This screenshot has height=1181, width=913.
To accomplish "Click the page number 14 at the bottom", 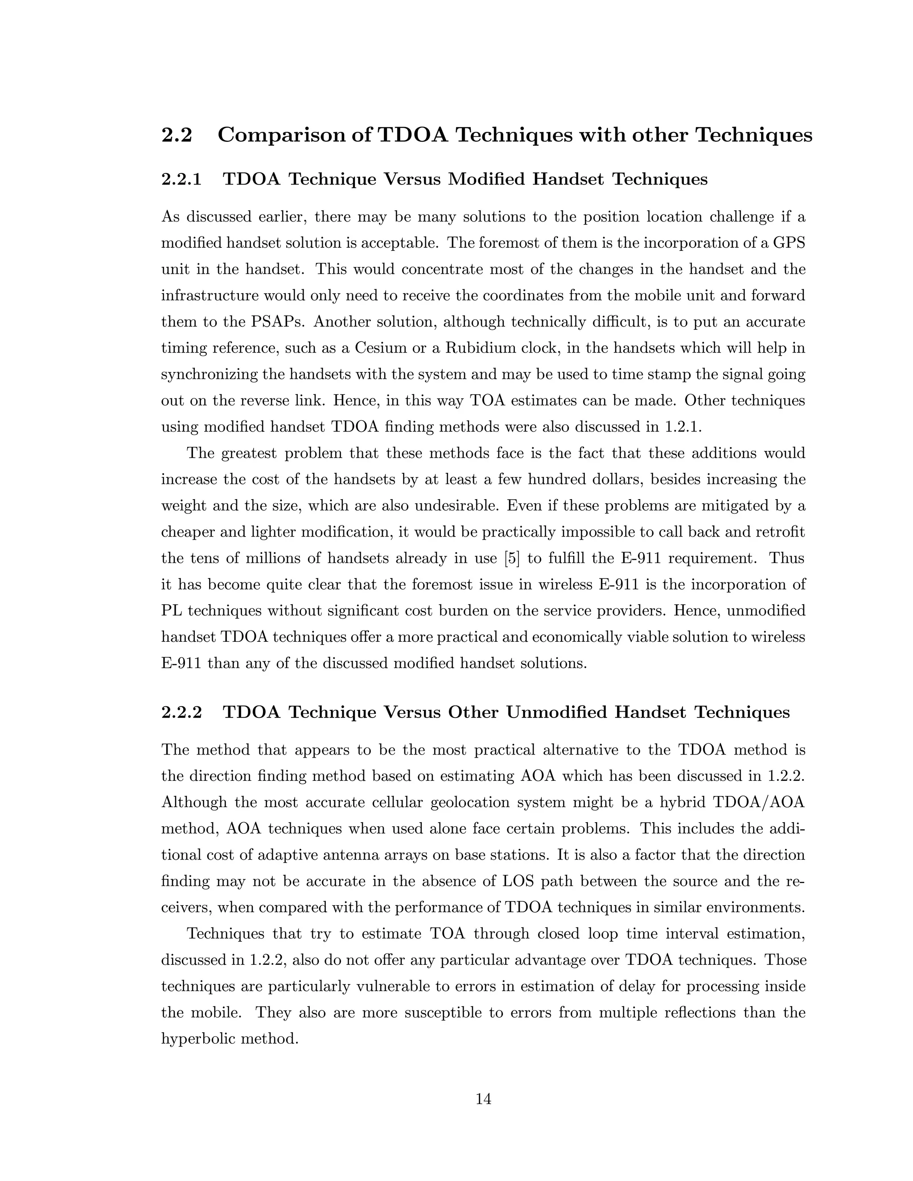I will click(x=483, y=1099).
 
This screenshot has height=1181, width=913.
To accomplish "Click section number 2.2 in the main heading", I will click(x=177, y=135).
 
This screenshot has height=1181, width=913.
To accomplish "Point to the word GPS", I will click(x=789, y=243).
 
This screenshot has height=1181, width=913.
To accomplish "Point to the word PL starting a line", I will click(x=171, y=611).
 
